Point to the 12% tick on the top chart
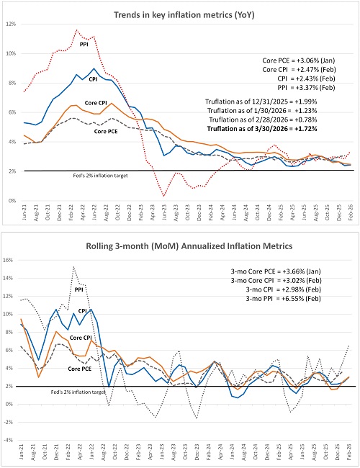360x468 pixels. tap(10, 24)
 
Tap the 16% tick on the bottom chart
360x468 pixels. tap(10, 260)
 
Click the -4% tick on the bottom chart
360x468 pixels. tap(10, 441)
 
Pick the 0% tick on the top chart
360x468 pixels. tap(12, 201)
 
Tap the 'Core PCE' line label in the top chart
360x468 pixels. tap(106, 131)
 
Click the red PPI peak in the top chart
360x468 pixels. tap(76, 30)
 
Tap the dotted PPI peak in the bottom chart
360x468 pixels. tap(73, 267)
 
